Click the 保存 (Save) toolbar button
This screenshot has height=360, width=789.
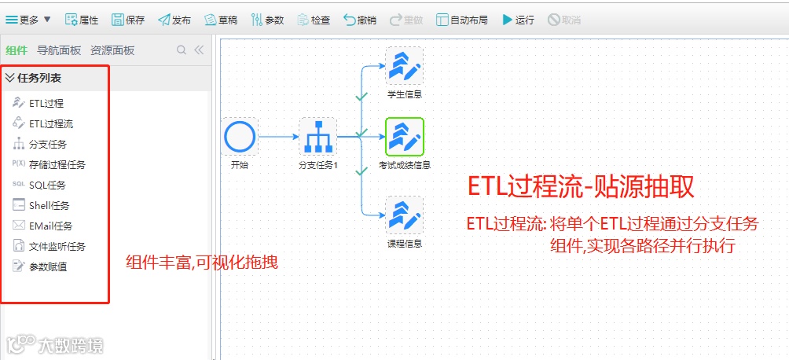tap(128, 20)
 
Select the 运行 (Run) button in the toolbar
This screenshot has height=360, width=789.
tap(518, 20)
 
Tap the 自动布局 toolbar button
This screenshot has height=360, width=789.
tap(463, 20)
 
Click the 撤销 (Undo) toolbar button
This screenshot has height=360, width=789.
tap(360, 20)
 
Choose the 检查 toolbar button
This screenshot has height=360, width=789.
tap(314, 20)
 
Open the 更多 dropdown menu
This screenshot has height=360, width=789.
tap(28, 20)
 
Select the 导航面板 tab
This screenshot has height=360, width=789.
tap(59, 50)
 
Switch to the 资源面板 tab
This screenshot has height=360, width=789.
tap(112, 50)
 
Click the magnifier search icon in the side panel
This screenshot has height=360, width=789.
tap(182, 50)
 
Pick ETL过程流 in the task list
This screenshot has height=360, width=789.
tap(51, 123)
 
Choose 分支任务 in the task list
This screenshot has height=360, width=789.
tap(47, 144)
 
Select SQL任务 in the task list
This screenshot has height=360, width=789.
tap(47, 185)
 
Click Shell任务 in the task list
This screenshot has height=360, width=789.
tap(49, 205)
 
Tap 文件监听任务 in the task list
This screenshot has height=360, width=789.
tap(57, 246)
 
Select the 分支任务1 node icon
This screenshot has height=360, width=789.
tap(317, 137)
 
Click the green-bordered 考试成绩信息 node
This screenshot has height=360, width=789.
tap(405, 137)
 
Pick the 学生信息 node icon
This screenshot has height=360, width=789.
tap(405, 66)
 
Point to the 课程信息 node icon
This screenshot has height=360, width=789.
tap(405, 215)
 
